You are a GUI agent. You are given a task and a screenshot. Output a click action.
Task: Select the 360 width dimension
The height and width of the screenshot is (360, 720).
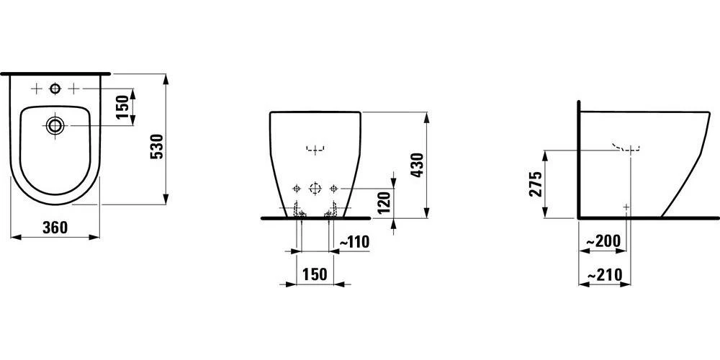55,228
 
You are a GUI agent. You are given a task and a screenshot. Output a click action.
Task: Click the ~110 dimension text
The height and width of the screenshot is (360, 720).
354,242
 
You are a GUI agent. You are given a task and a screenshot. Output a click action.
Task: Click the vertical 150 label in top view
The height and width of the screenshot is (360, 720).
122,107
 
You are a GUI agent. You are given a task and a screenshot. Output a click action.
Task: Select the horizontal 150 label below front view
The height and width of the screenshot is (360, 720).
314,274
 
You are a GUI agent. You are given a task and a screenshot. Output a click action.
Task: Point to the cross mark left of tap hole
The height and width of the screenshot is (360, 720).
36,89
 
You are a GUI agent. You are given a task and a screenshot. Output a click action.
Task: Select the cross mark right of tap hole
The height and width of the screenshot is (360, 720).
73,89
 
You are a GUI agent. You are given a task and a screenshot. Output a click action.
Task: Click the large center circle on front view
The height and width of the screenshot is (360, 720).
314,189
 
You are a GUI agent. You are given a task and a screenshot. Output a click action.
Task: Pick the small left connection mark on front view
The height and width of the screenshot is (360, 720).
295,189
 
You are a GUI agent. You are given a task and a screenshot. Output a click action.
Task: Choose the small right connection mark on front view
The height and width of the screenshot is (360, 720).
333,189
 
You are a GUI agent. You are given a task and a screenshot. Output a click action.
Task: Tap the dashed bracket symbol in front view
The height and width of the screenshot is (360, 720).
314,150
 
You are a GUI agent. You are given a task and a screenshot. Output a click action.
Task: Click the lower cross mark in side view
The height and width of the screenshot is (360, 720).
626,207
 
